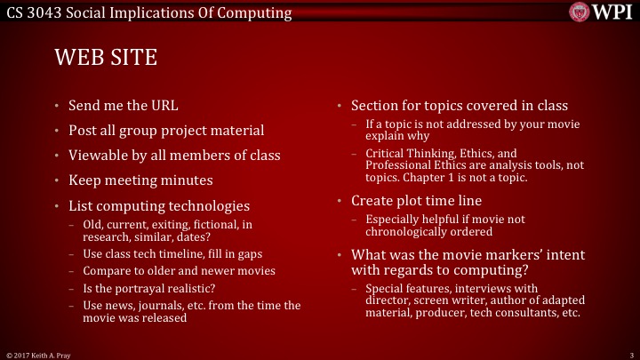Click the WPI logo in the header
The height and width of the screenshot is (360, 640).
click(x=604, y=12)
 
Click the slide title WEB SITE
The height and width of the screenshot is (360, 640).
click(x=106, y=58)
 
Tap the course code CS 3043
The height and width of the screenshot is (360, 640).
click(x=30, y=12)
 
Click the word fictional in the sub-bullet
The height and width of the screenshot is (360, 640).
click(x=208, y=225)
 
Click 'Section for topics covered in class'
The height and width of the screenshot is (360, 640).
click(x=459, y=106)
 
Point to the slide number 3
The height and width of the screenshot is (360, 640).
click(x=629, y=354)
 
